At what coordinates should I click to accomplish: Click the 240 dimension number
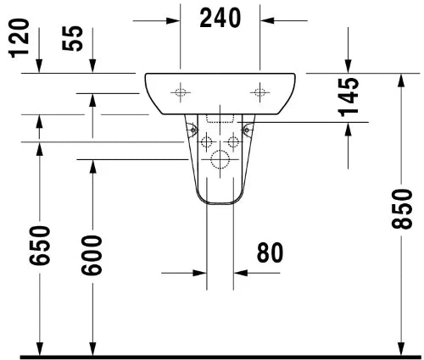click(x=220, y=18)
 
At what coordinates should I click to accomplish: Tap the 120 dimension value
click(x=20, y=38)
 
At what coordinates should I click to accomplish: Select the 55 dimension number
click(x=73, y=38)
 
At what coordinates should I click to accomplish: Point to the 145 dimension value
click(x=349, y=97)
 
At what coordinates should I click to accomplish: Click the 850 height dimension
click(x=402, y=209)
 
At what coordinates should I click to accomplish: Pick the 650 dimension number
click(x=40, y=246)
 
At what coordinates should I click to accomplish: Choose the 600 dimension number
click(x=92, y=255)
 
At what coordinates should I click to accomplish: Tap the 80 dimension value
click(x=270, y=252)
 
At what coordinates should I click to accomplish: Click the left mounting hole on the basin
click(x=181, y=92)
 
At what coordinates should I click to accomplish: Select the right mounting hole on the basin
click(x=259, y=92)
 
